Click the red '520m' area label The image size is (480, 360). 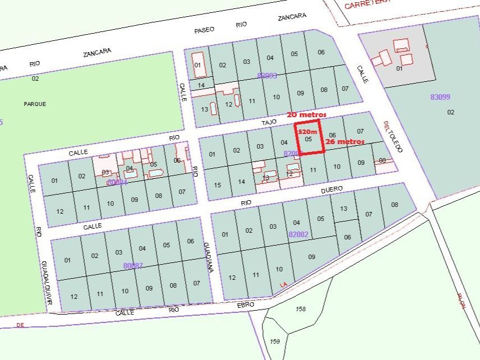[308, 132]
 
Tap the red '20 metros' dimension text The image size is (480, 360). [307, 114]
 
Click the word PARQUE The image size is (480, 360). [35, 104]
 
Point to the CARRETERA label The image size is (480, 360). [367, 4]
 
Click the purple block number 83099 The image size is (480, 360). [440, 97]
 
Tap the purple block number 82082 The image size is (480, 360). [298, 234]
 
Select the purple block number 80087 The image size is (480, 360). [133, 265]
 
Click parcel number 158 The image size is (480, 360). [301, 309]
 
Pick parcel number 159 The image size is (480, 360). [275, 341]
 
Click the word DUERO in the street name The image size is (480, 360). [332, 191]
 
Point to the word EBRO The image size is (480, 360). [245, 304]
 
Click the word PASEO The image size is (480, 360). [204, 30]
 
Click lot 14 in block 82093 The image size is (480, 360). [201, 85]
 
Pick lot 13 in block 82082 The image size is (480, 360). [344, 209]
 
